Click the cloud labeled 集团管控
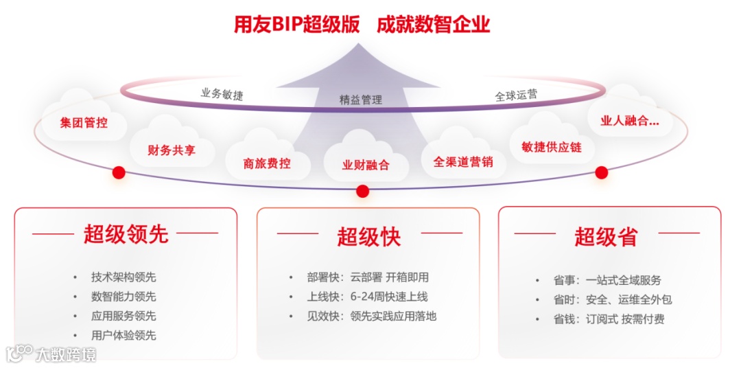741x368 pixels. [84, 123]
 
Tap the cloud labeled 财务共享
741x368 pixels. [172, 150]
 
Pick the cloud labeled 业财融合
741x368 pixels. [366, 165]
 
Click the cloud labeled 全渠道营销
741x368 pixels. [463, 162]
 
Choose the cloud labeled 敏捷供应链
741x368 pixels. [551, 146]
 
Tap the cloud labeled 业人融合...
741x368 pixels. [629, 121]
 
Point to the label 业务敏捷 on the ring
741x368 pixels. [222, 93]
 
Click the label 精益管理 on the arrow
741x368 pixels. [361, 100]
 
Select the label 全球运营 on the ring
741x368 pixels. [516, 96]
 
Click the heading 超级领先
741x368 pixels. [126, 234]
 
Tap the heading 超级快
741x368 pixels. [368, 237]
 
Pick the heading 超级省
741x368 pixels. [606, 237]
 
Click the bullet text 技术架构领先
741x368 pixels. [123, 277]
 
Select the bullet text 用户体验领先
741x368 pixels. [123, 335]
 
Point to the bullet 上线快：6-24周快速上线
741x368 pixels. [368, 297]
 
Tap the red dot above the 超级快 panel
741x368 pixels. [363, 191]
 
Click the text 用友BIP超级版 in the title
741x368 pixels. [296, 25]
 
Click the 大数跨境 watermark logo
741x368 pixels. [51, 354]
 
